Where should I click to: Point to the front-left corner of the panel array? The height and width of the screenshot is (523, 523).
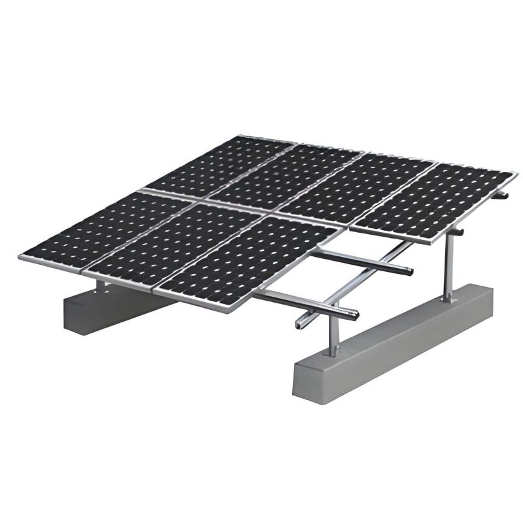(x=22, y=257)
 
